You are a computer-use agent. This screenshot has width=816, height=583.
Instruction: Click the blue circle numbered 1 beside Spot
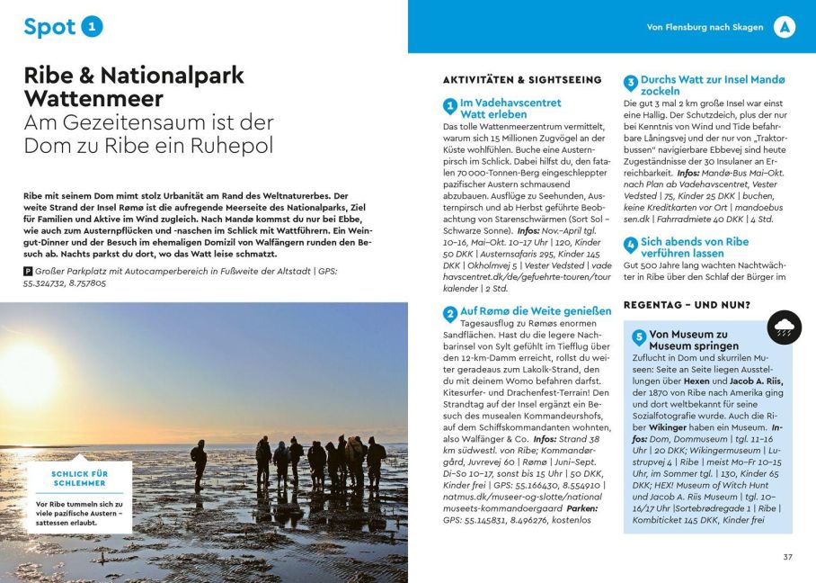coord(93,27)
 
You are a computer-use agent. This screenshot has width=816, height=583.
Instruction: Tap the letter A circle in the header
coord(785,27)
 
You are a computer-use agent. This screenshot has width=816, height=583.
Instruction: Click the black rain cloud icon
coord(785,327)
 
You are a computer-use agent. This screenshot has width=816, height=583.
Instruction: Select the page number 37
coord(787,557)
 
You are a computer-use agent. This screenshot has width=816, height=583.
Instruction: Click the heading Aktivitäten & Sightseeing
coord(522,80)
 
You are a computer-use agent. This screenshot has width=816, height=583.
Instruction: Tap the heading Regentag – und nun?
coord(687,305)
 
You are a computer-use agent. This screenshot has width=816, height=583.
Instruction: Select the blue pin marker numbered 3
coord(631,84)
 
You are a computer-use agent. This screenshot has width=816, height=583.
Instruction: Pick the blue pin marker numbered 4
coord(631,245)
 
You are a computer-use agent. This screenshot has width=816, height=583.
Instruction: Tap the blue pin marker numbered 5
coord(639,338)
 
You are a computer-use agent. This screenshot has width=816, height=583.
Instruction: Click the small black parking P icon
coord(28,271)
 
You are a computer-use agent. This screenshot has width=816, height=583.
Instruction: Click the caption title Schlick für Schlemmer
coord(80,479)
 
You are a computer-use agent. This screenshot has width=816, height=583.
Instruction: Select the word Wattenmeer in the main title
coord(93,98)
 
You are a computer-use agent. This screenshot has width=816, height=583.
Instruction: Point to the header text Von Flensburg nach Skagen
coord(705,28)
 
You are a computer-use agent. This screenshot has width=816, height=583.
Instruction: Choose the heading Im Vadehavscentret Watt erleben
coord(510,109)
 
